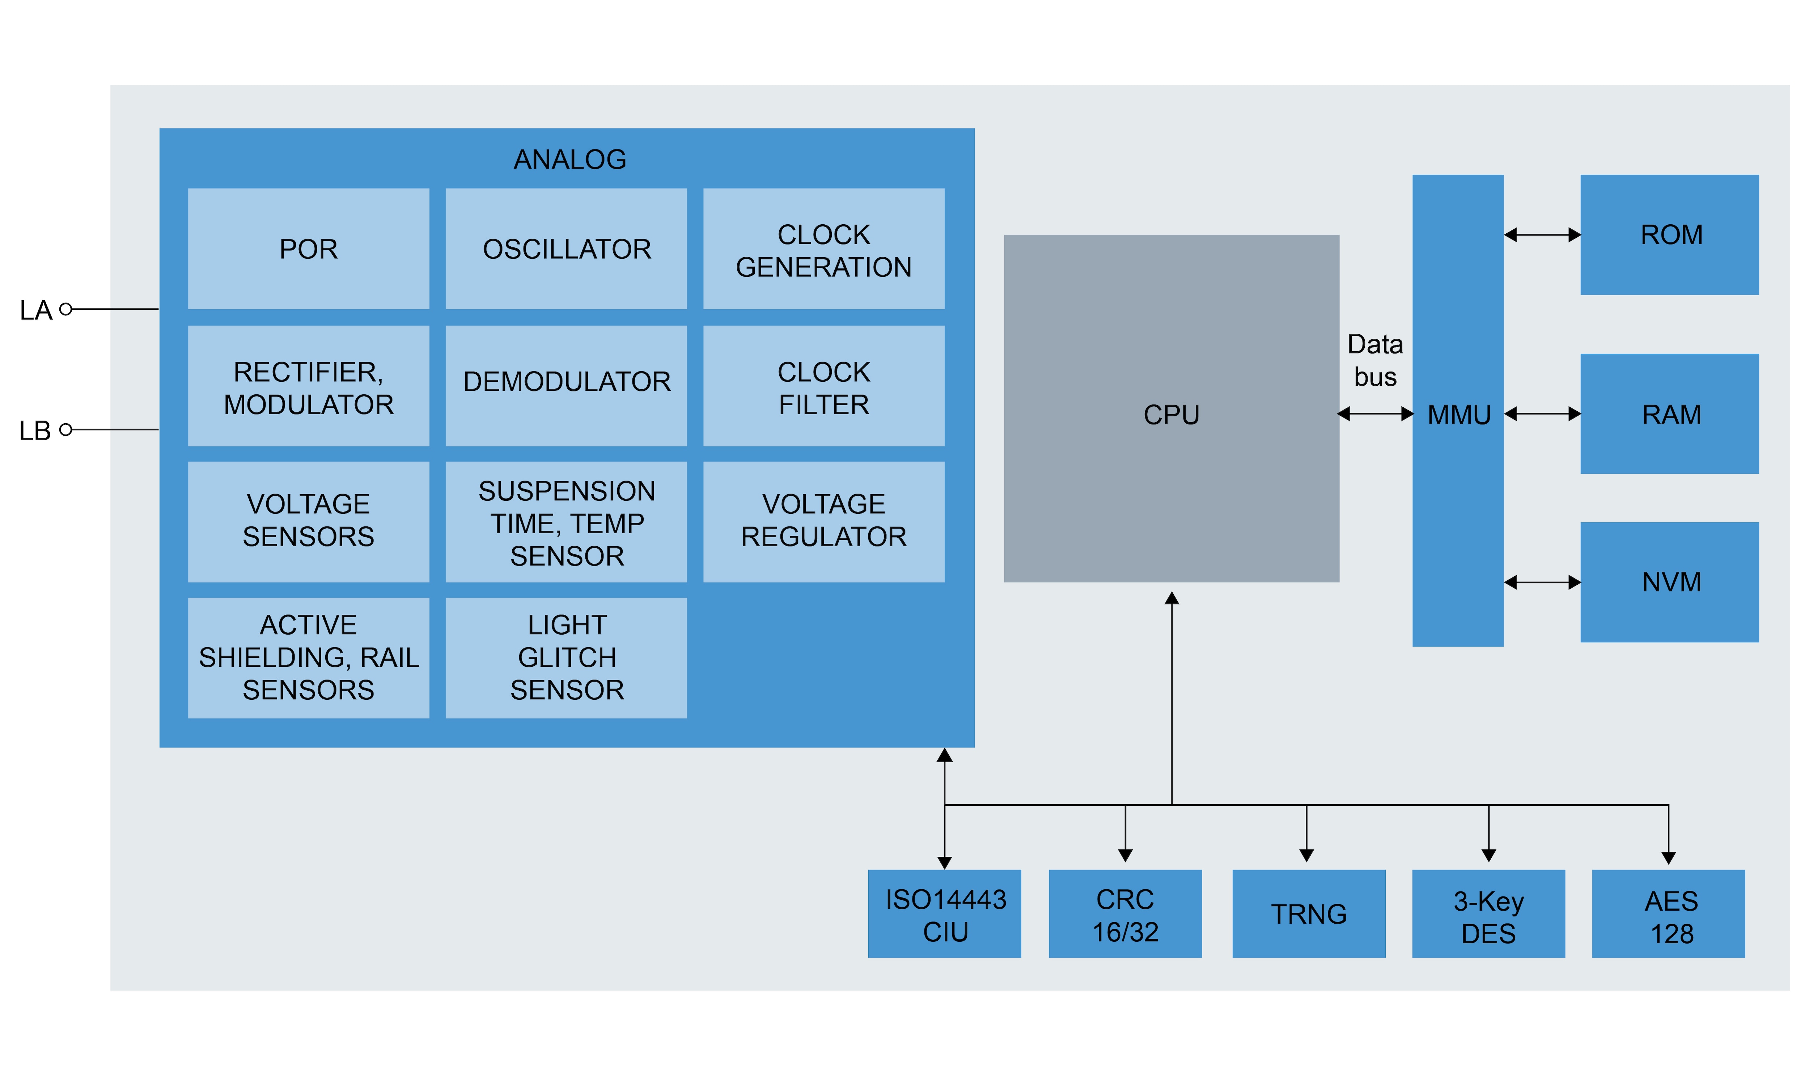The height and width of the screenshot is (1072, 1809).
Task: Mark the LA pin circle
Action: pos(66,309)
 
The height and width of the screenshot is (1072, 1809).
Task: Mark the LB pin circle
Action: pos(66,430)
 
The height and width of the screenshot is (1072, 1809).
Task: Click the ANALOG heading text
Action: pos(570,159)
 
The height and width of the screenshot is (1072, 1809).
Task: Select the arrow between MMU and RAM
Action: pos(1542,414)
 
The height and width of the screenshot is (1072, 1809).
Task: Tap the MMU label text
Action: pos(1459,415)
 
